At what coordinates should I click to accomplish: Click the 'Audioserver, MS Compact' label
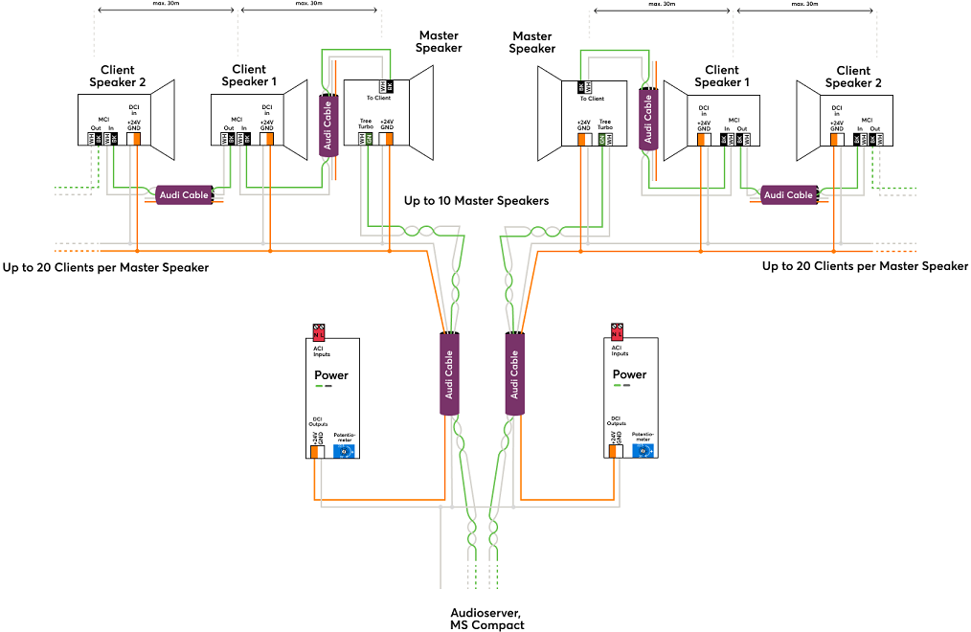coord(486,619)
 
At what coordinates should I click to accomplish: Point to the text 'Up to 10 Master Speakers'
coord(476,201)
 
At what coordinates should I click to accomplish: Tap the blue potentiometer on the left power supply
coord(344,451)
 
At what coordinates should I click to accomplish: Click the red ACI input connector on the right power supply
coord(618,332)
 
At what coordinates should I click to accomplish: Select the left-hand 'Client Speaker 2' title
coord(117,77)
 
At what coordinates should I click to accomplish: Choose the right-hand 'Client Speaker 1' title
coord(721,77)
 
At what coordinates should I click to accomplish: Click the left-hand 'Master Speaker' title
coord(439,42)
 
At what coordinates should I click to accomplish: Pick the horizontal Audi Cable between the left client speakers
coord(183,195)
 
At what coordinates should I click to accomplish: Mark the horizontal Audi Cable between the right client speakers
coord(788,194)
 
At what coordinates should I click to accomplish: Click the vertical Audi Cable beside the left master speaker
coord(327,125)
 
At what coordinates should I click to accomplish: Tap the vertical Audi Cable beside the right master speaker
coord(648,120)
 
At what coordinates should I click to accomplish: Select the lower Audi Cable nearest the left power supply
coord(449,372)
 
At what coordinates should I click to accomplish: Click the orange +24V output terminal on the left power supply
coord(314,451)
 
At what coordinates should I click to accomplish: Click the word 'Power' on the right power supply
coord(629,374)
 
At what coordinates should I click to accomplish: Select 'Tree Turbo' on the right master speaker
coord(604,124)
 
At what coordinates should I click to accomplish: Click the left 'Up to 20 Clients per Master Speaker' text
coord(106,267)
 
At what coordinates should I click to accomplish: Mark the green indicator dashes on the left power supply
coord(324,387)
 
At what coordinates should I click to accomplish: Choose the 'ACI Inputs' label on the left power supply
coord(321,351)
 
